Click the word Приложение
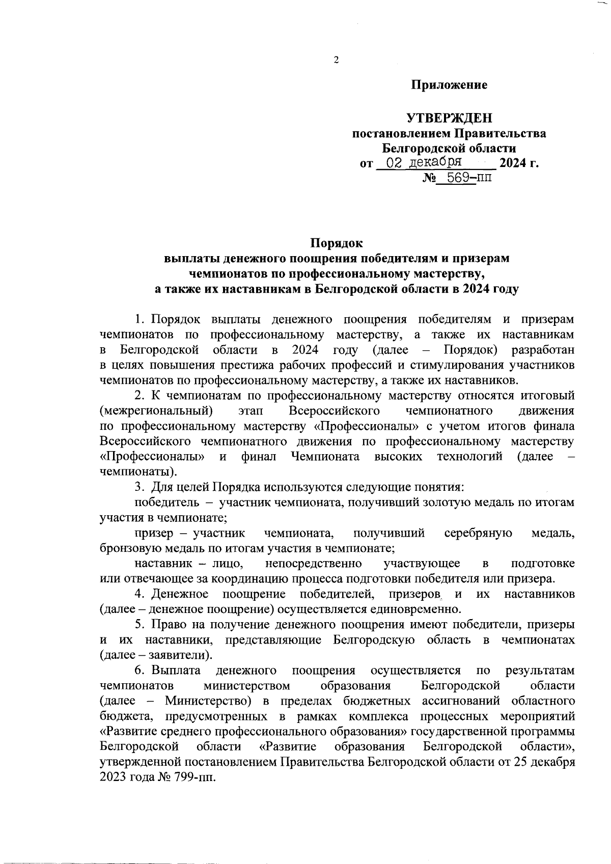point(449,85)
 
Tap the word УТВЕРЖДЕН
point(449,119)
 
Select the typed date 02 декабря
point(424,162)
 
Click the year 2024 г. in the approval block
point(518,163)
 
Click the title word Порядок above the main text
point(337,243)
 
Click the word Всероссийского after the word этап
point(335,410)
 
